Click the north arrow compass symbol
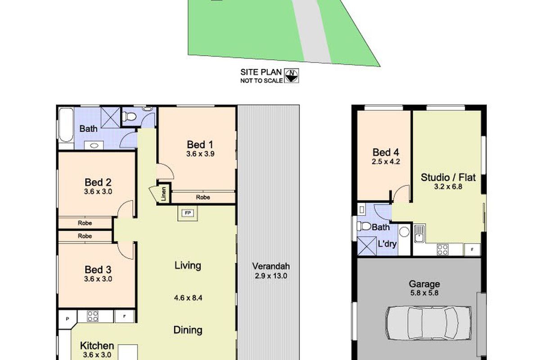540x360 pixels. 292,75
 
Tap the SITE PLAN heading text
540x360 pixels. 261,72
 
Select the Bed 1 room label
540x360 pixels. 200,144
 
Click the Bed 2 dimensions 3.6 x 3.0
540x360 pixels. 98,191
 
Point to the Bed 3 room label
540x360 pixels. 98,270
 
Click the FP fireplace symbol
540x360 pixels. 186,213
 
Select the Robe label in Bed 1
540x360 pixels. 202,197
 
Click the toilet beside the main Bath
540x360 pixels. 130,117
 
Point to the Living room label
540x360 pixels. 188,265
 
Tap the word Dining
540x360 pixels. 188,330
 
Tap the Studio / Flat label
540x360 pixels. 448,177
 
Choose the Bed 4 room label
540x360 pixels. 384,152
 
